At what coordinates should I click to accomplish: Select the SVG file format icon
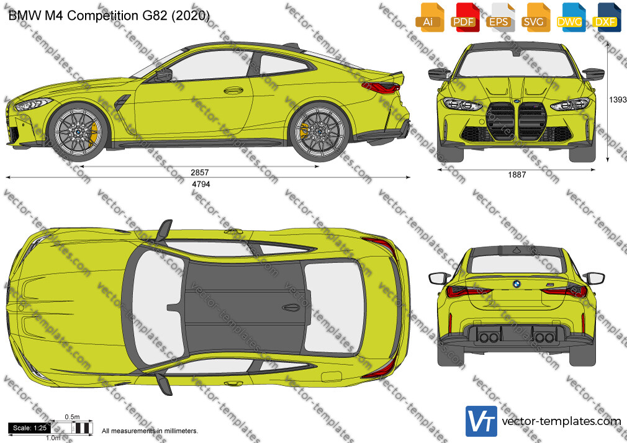coord(535,17)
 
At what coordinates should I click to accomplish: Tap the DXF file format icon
coord(607,17)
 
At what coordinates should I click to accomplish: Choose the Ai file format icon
coord(430,17)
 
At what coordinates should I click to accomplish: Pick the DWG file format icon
coord(571,17)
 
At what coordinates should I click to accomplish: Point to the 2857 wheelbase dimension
coord(199,172)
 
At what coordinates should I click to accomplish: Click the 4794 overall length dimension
coord(201,184)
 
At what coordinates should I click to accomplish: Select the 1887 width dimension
coord(516,174)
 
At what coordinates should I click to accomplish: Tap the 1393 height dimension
coord(618,99)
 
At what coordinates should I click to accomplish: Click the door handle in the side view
coord(233,91)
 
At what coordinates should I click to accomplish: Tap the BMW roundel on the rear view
coord(516,284)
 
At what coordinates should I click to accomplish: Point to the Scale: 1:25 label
coord(30,428)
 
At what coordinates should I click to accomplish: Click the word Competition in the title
coord(102,15)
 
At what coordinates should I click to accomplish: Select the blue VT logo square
coord(481,421)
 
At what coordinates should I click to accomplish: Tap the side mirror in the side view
coord(164,75)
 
